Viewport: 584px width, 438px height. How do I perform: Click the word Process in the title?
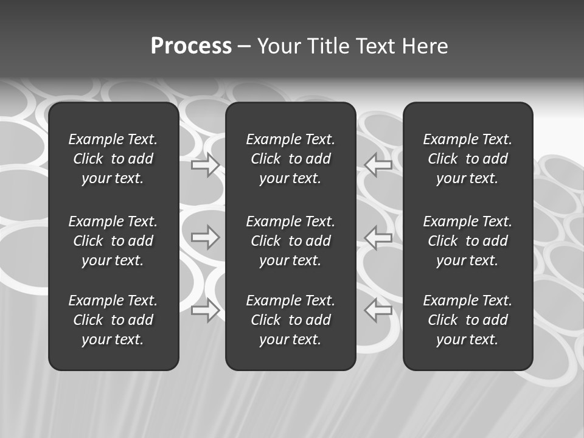pyautogui.click(x=191, y=46)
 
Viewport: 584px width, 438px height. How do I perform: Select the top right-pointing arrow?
pyautogui.click(x=206, y=165)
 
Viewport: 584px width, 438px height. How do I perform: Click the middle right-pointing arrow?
pyautogui.click(x=206, y=237)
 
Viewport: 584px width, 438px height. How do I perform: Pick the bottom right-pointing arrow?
pyautogui.click(x=206, y=310)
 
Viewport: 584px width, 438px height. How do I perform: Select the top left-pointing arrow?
pyautogui.click(x=378, y=165)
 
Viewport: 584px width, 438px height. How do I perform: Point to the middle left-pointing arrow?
pyautogui.click(x=378, y=237)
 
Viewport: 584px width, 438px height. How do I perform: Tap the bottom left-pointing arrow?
pyautogui.click(x=378, y=310)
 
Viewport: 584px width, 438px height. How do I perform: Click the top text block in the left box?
pyautogui.click(x=113, y=159)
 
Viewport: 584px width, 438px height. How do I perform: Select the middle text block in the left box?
pyautogui.click(x=113, y=241)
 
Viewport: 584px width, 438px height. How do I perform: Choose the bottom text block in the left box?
pyautogui.click(x=113, y=320)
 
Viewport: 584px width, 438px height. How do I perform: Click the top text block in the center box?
pyautogui.click(x=291, y=159)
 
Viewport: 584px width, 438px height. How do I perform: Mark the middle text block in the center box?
pyautogui.click(x=291, y=241)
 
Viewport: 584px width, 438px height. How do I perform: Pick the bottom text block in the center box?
pyautogui.click(x=291, y=320)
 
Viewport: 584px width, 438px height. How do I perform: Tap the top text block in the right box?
pyautogui.click(x=468, y=159)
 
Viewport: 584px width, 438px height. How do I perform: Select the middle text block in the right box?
pyautogui.click(x=468, y=241)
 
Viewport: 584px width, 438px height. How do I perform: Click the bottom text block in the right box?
pyautogui.click(x=468, y=320)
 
